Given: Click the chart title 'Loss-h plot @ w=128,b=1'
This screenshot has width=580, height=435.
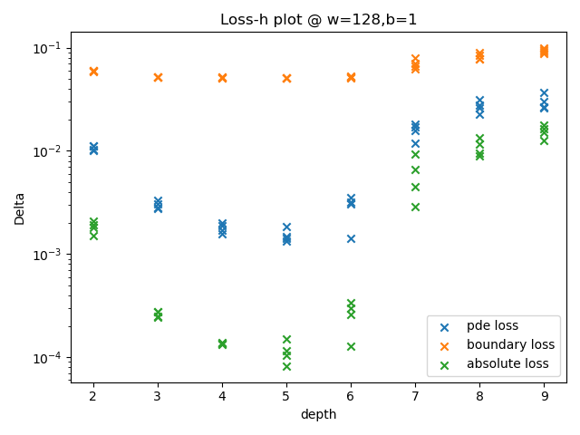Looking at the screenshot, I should (318, 20).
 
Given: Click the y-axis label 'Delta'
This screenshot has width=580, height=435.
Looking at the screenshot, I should (20, 208).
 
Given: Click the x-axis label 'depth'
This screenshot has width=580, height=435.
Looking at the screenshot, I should (318, 414).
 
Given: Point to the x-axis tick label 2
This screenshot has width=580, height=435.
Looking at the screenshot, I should (93, 396).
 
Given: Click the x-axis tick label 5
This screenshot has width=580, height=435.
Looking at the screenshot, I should (286, 396).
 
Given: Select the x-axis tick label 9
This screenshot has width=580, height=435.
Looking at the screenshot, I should (544, 396).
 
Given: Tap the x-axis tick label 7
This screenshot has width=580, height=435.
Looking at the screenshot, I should (415, 396).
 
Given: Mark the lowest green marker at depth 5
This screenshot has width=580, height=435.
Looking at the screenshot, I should (286, 366).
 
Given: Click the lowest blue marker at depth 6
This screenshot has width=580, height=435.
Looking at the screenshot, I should (351, 238).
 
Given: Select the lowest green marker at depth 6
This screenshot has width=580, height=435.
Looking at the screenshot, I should (351, 346).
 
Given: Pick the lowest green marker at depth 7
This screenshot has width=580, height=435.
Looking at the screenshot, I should (415, 207).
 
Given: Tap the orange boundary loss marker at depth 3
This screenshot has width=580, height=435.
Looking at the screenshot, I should (158, 77).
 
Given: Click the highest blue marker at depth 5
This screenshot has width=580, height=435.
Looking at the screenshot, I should (286, 227).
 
